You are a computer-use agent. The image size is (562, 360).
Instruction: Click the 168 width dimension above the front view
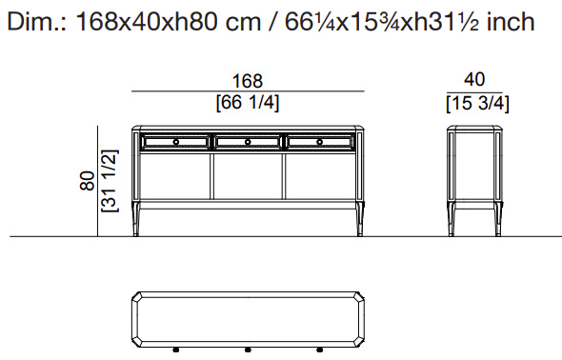[x=248, y=81]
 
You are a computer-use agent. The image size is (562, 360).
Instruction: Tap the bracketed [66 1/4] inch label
[x=248, y=103]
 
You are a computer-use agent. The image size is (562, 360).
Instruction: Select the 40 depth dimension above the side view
[x=474, y=79]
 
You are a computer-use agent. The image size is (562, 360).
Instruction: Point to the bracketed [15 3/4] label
[x=477, y=104]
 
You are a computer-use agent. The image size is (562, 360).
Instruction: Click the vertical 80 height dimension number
[x=88, y=181]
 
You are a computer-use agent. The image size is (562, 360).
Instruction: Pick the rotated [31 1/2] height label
[x=110, y=181]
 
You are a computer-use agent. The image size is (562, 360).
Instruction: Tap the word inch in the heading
[x=511, y=22]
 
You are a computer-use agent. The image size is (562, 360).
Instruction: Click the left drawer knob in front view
[x=175, y=142]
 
